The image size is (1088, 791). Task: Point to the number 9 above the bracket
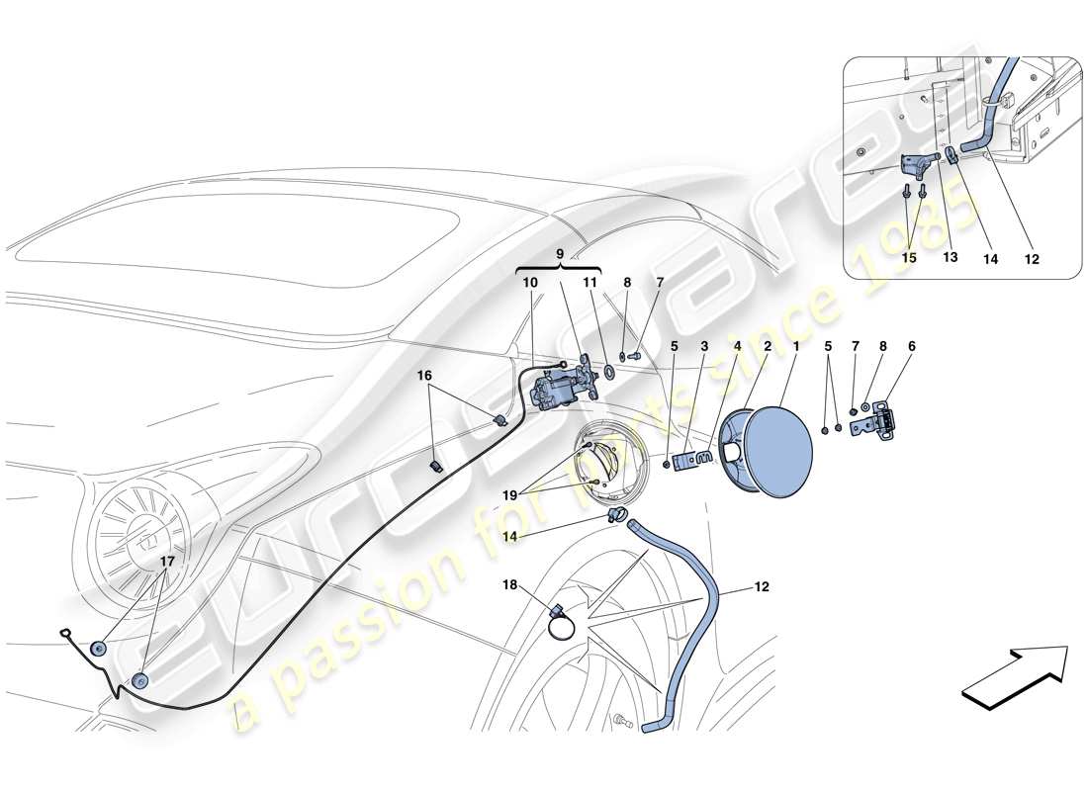click(x=559, y=253)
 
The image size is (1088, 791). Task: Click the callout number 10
click(x=530, y=283)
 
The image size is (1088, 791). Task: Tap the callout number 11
click(x=589, y=283)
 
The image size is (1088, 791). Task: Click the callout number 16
click(x=423, y=377)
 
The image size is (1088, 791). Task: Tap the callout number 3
click(x=705, y=347)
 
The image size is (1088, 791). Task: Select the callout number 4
click(x=737, y=347)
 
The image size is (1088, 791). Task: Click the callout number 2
click(x=766, y=347)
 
